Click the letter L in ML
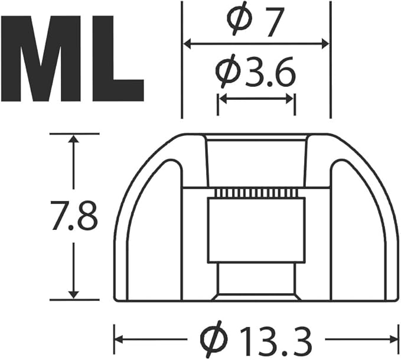[118, 59]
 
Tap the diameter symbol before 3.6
[227, 71]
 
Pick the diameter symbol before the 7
[240, 18]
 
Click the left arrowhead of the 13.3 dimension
[119, 339]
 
